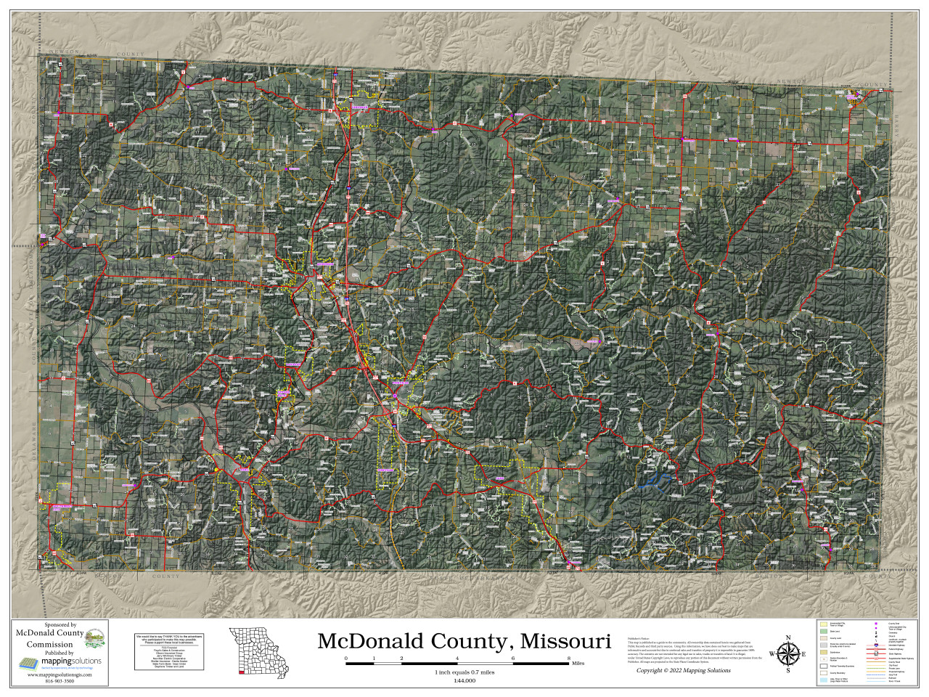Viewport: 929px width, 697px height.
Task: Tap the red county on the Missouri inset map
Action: (241, 673)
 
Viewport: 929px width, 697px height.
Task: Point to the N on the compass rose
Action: (787, 638)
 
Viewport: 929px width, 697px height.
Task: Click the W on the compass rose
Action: (772, 654)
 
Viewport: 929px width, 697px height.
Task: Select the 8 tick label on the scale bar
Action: (568, 658)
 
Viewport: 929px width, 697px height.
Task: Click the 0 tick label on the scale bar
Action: (346, 658)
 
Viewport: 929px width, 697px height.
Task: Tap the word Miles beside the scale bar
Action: (578, 664)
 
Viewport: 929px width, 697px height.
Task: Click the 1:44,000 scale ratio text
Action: (464, 680)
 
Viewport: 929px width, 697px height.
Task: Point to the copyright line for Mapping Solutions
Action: (683, 670)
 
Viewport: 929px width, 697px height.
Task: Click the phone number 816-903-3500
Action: (60, 681)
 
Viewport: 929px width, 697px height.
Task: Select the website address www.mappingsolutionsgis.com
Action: (60, 674)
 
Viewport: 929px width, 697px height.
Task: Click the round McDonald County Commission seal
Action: (94, 639)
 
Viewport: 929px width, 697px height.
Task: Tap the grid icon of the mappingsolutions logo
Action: (28, 663)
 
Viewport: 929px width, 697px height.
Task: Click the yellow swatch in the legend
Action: (824, 624)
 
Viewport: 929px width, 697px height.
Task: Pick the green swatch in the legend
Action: (824, 632)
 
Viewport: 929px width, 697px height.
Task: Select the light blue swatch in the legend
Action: (824, 680)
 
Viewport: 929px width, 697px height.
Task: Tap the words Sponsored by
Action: (60, 625)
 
